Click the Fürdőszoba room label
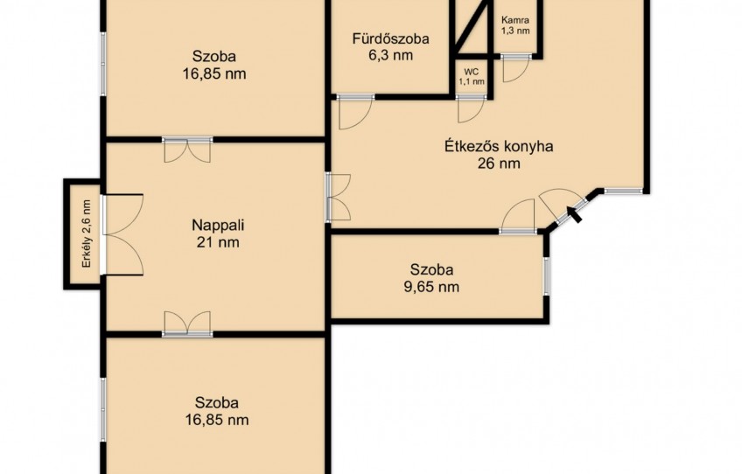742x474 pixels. coord(390,38)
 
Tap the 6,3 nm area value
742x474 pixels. coord(390,55)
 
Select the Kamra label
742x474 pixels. coord(515,20)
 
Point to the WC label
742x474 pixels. coord(472,72)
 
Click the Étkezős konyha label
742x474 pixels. coord(499,146)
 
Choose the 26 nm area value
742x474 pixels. coord(499,164)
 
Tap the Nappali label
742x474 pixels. coord(218,225)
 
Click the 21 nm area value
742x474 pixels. coord(218,242)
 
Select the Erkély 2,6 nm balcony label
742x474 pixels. coord(86,234)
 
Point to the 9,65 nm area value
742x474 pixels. coord(431,287)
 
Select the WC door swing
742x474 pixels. coord(472,109)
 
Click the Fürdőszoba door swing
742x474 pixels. coord(356,113)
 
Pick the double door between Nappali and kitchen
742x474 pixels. coord(339,198)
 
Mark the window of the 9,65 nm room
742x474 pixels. coord(546,275)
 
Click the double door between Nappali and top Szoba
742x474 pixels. coord(187,150)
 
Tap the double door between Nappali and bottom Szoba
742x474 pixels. coord(187,324)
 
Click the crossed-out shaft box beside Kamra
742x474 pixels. coord(472,27)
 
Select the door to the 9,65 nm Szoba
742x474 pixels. coord(518,216)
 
